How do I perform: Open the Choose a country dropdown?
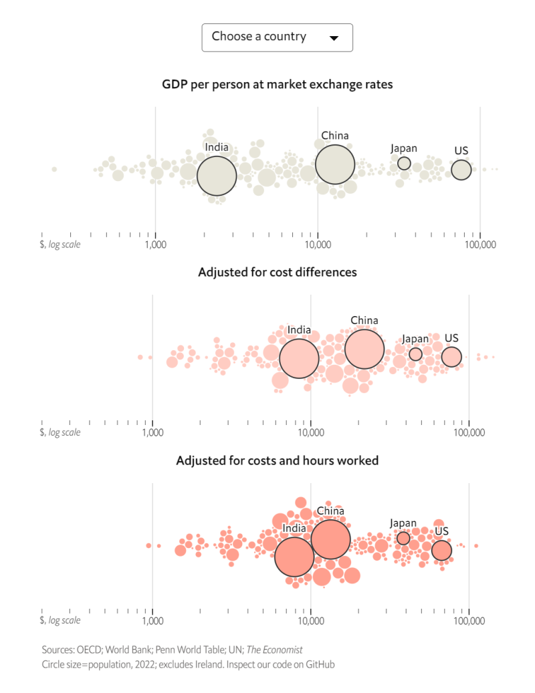point(277,37)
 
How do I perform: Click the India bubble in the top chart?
point(217,176)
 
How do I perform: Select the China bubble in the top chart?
point(335,164)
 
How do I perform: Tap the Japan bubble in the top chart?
point(404,163)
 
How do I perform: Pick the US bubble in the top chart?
point(461,170)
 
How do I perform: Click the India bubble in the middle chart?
point(299,359)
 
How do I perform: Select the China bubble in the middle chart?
point(364,349)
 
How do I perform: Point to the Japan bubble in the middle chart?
point(415,354)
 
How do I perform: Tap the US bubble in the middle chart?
point(451,358)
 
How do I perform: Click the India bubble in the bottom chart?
point(294,557)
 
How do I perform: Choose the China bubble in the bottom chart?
point(330,539)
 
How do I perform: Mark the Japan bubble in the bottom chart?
point(403,538)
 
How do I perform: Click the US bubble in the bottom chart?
point(441,551)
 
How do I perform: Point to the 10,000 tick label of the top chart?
point(318,245)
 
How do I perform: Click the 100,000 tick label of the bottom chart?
point(469,621)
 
